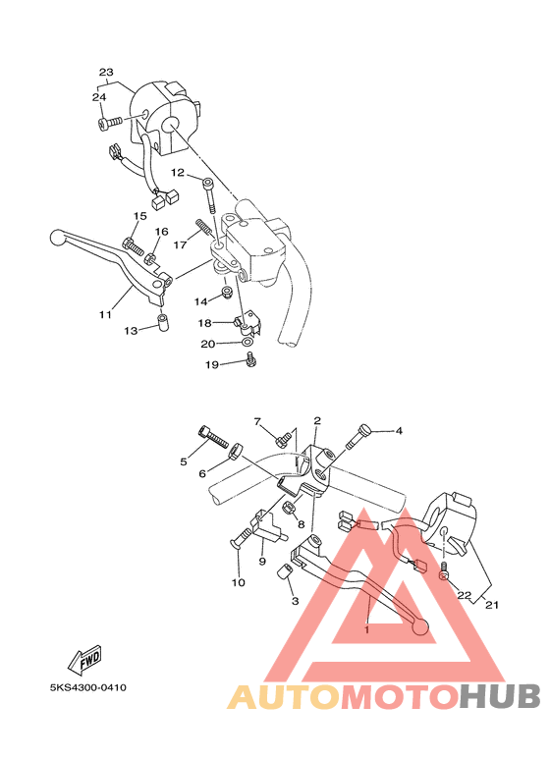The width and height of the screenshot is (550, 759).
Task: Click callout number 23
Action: tap(107, 73)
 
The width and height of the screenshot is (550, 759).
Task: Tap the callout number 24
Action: tap(99, 97)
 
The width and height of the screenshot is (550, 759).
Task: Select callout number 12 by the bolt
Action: tap(178, 173)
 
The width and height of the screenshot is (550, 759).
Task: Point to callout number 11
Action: tap(104, 314)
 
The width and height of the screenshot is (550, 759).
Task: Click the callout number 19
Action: tap(211, 365)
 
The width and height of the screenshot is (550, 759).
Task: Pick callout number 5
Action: tap(184, 461)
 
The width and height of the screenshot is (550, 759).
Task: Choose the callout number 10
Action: tap(238, 583)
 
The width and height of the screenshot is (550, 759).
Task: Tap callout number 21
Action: tap(492, 605)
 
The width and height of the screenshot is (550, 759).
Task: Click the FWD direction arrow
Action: tap(84, 658)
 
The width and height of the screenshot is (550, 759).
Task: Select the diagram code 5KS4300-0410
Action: tap(89, 687)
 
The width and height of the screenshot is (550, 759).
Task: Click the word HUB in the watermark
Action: tap(500, 696)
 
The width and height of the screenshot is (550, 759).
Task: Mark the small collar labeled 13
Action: tap(163, 321)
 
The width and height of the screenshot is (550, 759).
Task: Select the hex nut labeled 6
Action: tap(236, 452)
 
